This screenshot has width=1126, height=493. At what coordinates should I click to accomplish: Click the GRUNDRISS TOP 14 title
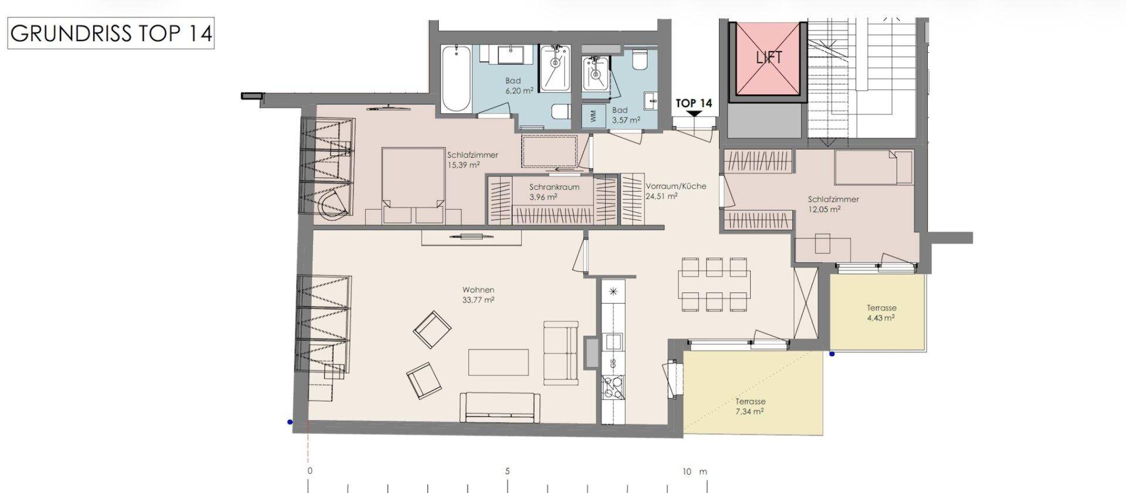111,33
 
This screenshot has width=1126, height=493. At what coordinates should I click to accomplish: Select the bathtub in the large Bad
456,78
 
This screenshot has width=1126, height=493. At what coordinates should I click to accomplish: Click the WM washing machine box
593,115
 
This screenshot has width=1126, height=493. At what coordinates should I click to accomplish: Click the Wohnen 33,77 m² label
478,294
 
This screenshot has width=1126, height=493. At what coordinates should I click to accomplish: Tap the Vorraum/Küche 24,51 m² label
676,191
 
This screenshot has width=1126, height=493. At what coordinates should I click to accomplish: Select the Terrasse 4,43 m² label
881,312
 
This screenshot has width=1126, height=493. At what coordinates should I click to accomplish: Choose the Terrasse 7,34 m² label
750,406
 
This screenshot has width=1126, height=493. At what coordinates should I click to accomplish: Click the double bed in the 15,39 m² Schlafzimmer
413,185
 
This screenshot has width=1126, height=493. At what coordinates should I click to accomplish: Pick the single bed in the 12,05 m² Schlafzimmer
873,166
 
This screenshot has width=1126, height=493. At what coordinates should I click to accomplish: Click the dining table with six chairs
714,284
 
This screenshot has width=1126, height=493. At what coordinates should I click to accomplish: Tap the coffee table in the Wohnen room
498,362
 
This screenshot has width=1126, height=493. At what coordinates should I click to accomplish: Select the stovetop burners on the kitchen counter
613,387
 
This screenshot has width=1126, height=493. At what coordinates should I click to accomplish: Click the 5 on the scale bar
507,471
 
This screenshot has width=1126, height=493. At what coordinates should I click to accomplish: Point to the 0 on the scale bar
310,471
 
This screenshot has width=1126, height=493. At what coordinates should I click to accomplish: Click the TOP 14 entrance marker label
694,103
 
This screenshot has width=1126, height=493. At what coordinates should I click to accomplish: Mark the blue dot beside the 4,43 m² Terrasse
832,354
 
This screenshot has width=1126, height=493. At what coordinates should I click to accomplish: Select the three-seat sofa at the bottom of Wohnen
500,407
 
